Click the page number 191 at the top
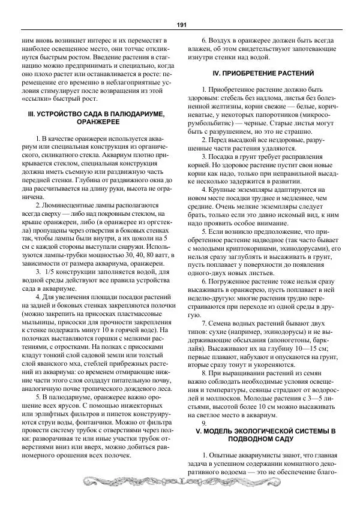point(180,25)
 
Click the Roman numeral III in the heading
point(31,113)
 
